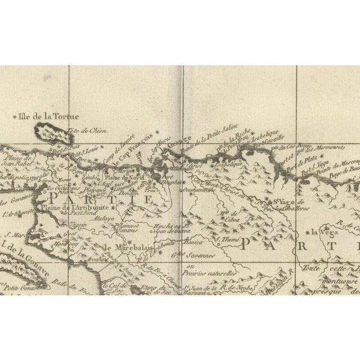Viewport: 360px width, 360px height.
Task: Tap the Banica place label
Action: [195, 244]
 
